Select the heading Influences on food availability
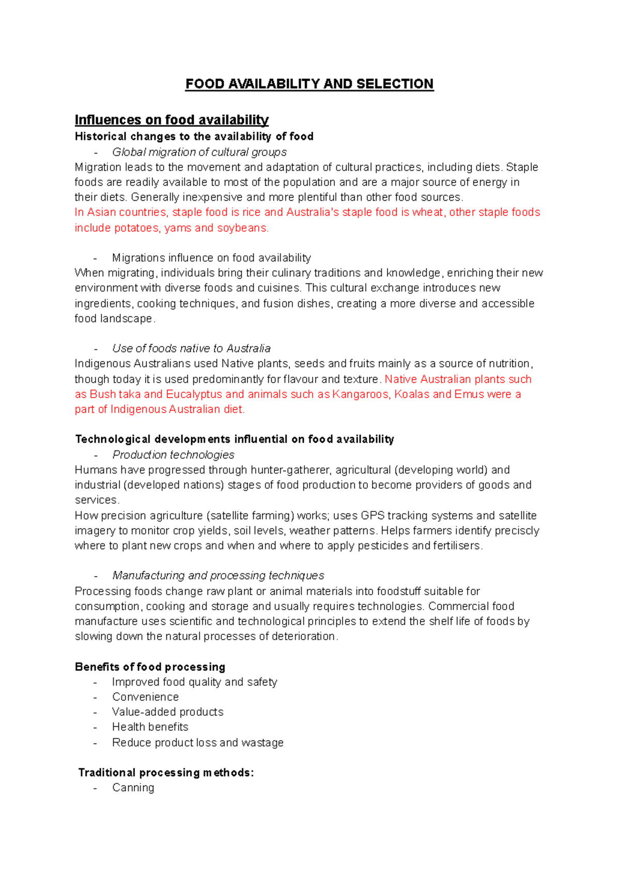172,120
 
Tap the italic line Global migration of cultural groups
199,152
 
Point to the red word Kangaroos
361,394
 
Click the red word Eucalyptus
194,394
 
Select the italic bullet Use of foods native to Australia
191,349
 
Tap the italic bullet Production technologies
173,455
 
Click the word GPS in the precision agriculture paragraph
373,516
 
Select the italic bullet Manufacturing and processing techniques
218,576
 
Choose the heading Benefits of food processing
150,667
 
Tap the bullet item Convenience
145,697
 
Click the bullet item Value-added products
167,712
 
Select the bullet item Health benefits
150,727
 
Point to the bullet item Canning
133,788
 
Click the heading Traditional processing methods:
166,773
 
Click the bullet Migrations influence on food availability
211,258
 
